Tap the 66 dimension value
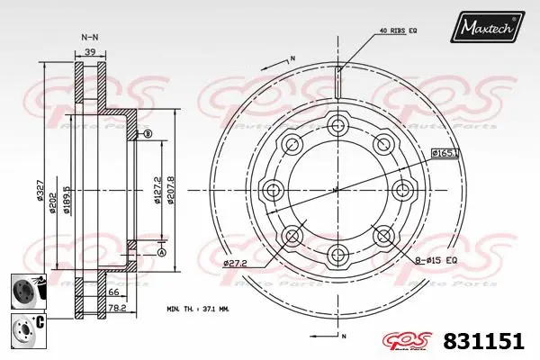coord(114,293)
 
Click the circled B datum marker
coord(148,134)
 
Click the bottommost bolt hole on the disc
coord(337,256)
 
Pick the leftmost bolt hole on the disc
coord(271,190)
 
